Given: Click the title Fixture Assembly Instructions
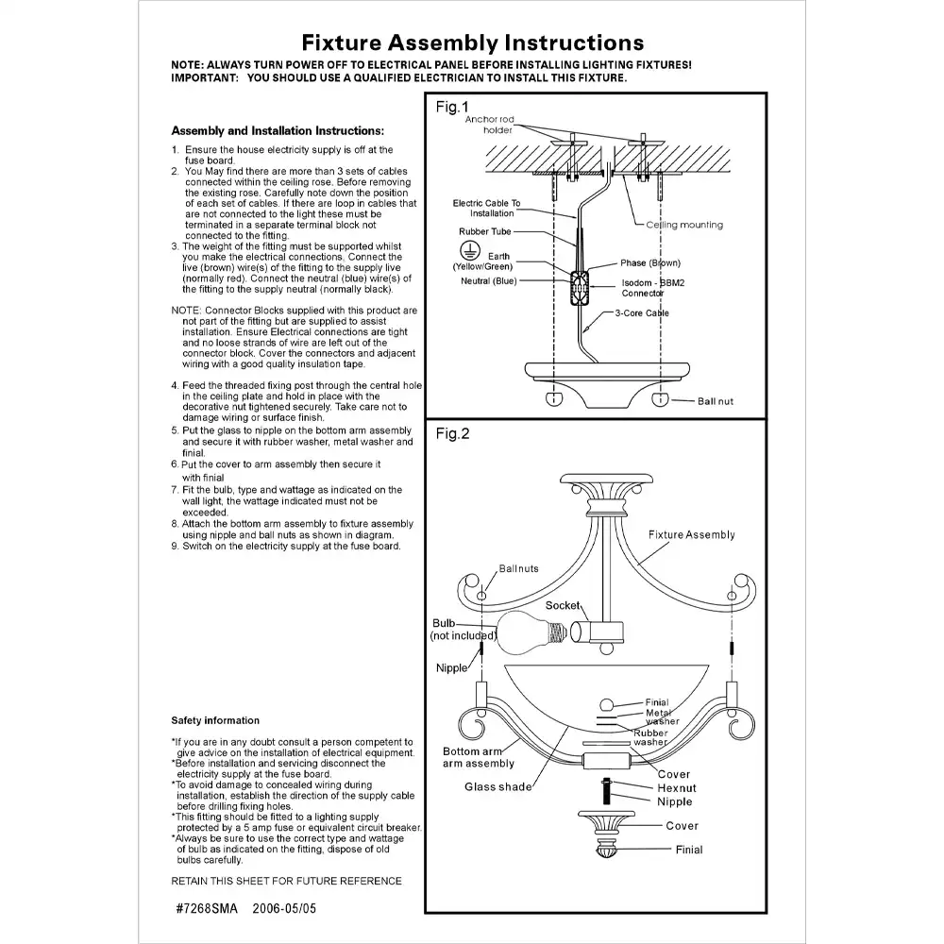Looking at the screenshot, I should point(472,42).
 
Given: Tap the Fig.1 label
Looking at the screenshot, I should point(451,107).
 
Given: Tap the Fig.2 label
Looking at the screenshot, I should point(451,434).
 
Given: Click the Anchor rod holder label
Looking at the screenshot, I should point(490,125).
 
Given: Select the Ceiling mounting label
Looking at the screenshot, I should point(684,225).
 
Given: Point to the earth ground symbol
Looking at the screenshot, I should point(464,249).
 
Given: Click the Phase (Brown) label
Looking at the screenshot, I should point(649,263).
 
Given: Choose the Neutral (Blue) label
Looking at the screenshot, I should point(489,281).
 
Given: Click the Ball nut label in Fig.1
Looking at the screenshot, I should point(715,401).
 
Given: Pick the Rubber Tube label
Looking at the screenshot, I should point(485,231).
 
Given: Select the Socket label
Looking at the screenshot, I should point(563,605).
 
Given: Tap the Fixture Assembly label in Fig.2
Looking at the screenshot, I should point(691,535).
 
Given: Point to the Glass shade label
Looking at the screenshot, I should point(497,786).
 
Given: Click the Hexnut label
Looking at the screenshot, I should point(677,787).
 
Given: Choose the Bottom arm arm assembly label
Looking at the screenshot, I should point(479,757).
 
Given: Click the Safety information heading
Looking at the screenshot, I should point(215,720).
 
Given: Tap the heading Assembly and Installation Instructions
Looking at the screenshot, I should point(278,130).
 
